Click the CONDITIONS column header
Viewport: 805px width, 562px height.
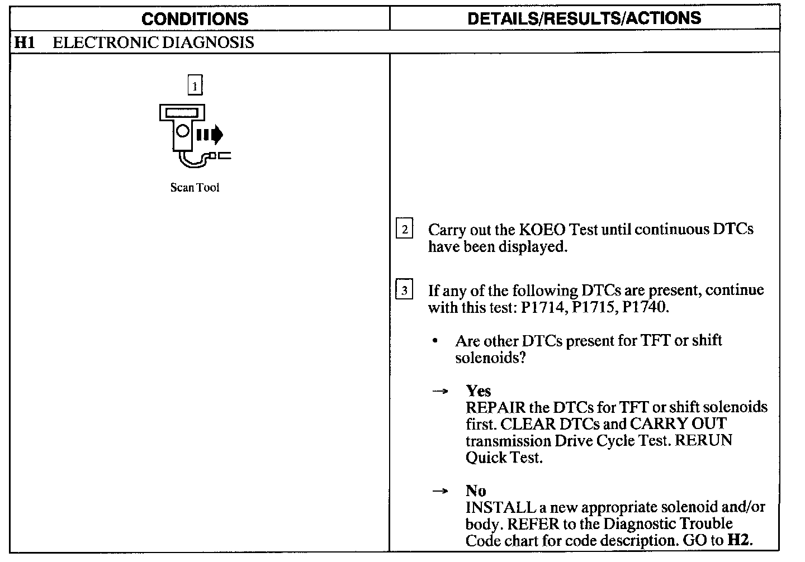(x=195, y=19)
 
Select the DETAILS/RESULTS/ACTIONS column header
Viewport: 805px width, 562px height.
(x=584, y=18)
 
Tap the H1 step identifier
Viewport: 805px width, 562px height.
(x=24, y=42)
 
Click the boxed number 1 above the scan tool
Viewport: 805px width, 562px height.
(x=195, y=85)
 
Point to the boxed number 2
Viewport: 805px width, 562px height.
(x=404, y=229)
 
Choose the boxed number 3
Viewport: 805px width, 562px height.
(x=404, y=290)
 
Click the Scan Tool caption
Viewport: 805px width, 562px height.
(x=195, y=188)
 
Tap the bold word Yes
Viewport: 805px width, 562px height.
(x=479, y=391)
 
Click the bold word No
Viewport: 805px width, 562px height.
(x=476, y=491)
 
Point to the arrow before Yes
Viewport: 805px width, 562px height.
(x=441, y=392)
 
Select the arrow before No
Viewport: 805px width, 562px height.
(x=441, y=492)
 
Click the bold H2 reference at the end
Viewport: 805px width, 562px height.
(x=740, y=540)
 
